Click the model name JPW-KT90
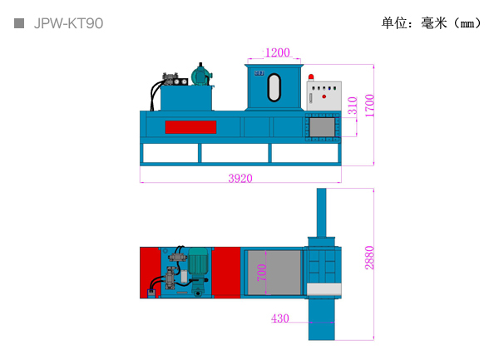pyautogui.click(x=68, y=23)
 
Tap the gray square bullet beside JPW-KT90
pyautogui.click(x=19, y=23)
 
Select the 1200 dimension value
pyautogui.click(x=278, y=52)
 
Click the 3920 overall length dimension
pyautogui.click(x=240, y=178)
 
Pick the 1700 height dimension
pyautogui.click(x=370, y=106)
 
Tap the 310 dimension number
pyautogui.click(x=353, y=106)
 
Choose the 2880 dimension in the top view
pyautogui.click(x=369, y=258)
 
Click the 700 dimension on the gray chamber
pyautogui.click(x=262, y=273)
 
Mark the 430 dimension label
pyautogui.click(x=280, y=318)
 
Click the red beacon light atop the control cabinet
pyautogui.click(x=311, y=77)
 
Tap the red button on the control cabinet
pyautogui.click(x=324, y=96)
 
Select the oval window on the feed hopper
pyautogui.click(x=274, y=87)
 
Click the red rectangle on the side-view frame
pyautogui.click(x=190, y=127)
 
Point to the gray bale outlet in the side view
pyautogui.click(x=322, y=127)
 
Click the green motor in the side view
pyautogui.click(x=200, y=76)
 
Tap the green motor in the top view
pyautogui.click(x=198, y=261)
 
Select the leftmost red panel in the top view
pyautogui.click(x=151, y=273)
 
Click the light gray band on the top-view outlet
pyautogui.click(x=324, y=289)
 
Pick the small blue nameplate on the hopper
pyautogui.click(x=259, y=73)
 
